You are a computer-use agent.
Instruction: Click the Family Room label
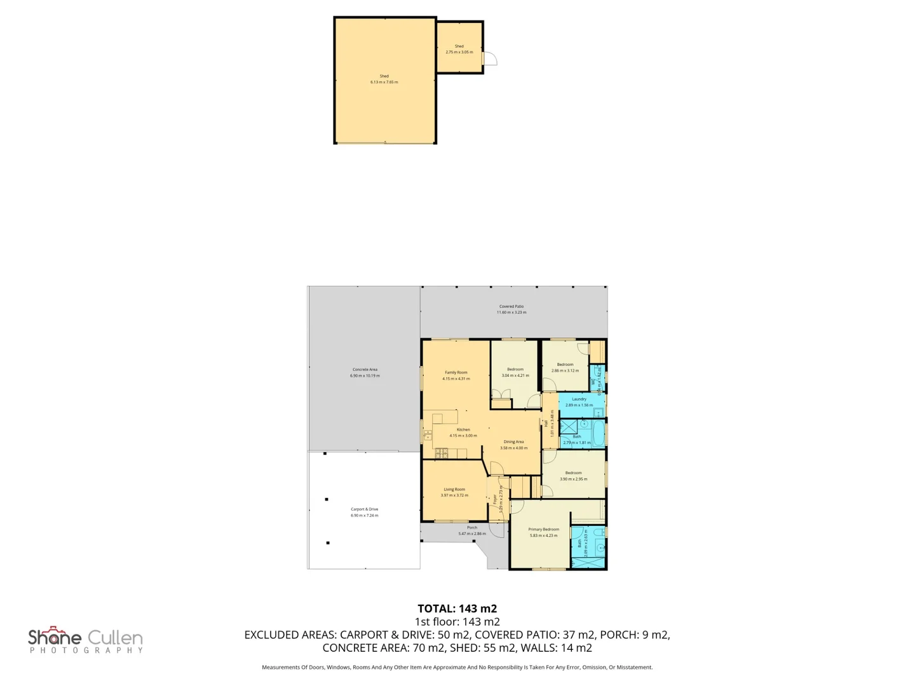(456, 372)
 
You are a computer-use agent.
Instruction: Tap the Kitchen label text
(463, 429)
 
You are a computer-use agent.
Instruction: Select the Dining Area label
(513, 441)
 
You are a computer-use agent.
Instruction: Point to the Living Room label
(454, 489)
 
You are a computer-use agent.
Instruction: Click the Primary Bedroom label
(543, 529)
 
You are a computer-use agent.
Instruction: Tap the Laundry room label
(579, 399)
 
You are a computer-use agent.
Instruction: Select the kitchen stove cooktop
(441, 453)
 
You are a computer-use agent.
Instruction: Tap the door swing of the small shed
(490, 59)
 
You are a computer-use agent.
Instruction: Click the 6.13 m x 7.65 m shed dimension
(384, 82)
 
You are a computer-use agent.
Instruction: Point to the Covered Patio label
(511, 306)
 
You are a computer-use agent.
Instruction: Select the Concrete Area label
(365, 369)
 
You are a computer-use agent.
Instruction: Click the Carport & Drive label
(364, 509)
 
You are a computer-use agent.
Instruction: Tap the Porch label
(472, 527)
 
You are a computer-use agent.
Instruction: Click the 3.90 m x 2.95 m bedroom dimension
(573, 479)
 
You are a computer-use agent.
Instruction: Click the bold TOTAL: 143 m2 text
(457, 609)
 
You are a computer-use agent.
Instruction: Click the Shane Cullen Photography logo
(85, 640)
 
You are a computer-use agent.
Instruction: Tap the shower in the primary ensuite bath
(588, 563)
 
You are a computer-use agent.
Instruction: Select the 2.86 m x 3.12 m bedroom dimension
(565, 370)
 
